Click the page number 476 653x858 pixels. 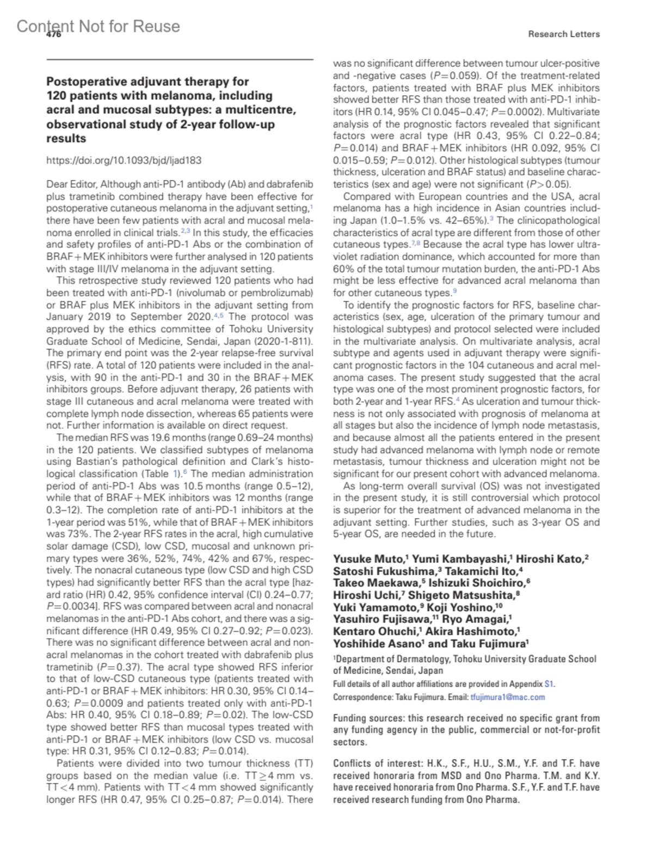[54, 34]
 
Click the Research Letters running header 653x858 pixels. [564, 34]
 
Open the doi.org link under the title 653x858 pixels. [124, 160]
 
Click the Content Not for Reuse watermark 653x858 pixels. [98, 26]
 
